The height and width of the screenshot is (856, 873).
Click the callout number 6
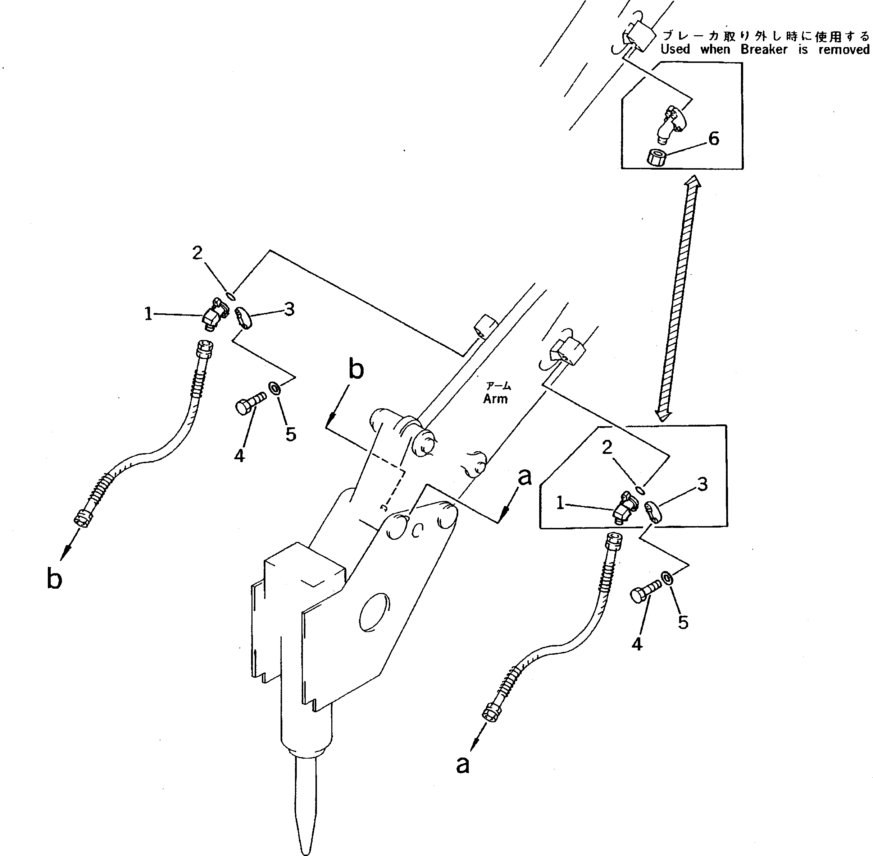(x=714, y=138)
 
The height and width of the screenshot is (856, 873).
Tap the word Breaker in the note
(x=764, y=50)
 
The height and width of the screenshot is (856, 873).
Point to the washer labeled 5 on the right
(x=667, y=577)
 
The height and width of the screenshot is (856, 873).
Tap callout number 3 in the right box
(x=702, y=484)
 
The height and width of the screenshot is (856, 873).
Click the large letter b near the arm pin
(x=356, y=369)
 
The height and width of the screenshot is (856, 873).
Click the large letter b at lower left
(x=54, y=578)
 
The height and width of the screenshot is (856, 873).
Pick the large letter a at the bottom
(x=463, y=764)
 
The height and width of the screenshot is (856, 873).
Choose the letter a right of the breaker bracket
(x=524, y=477)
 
